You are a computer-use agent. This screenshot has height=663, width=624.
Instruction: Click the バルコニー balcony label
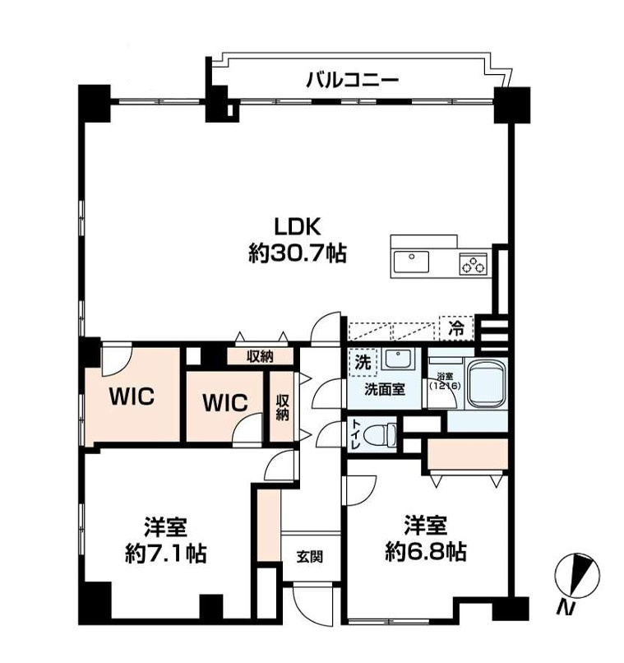pyautogui.click(x=352, y=80)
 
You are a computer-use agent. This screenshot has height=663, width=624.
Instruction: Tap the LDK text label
pyautogui.click(x=298, y=227)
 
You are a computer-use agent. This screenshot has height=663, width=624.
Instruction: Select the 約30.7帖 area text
pyautogui.click(x=298, y=253)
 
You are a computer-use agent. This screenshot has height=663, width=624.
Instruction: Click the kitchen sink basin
pyautogui.click(x=411, y=262)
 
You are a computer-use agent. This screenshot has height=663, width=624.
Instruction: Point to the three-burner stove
pyautogui.click(x=474, y=263)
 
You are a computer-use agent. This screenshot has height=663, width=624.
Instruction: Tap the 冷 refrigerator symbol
pyautogui.click(x=455, y=328)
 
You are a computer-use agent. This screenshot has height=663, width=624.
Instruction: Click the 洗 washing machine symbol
pyautogui.click(x=362, y=362)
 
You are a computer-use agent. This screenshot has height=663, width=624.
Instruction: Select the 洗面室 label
pyautogui.click(x=385, y=389)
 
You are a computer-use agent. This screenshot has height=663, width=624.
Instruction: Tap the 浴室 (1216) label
pyautogui.click(x=445, y=382)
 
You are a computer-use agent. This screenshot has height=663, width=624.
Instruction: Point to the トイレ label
pyautogui.click(x=355, y=435)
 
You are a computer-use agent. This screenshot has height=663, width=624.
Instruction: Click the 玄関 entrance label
pyautogui.click(x=310, y=556)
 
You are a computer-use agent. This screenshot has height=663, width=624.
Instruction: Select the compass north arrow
pyautogui.click(x=578, y=577)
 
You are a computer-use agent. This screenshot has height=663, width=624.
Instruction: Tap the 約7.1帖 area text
pyautogui.click(x=165, y=553)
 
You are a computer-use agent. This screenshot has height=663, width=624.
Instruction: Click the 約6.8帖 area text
pyautogui.click(x=426, y=552)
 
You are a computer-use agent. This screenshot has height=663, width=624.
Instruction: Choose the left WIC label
pyautogui.click(x=132, y=396)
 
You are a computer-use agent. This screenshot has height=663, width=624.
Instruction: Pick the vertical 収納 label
pyautogui.click(x=282, y=408)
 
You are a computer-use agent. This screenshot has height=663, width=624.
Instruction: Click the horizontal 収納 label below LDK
pyautogui.click(x=261, y=357)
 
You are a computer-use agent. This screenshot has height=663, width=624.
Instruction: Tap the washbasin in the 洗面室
pyautogui.click(x=398, y=359)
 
